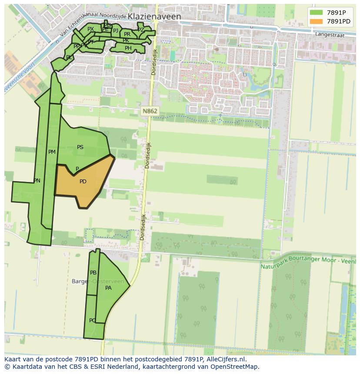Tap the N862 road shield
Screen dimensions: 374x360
click(x=150, y=111)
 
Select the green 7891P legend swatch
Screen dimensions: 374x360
click(x=316, y=13)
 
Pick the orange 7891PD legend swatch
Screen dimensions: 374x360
click(x=316, y=21)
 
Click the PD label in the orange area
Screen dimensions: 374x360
click(x=83, y=182)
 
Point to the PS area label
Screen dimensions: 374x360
click(x=80, y=147)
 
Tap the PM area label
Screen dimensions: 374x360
click(x=52, y=152)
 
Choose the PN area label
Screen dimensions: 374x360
click(x=37, y=181)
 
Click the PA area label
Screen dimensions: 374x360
click(x=109, y=288)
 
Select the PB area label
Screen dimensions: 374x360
click(x=93, y=273)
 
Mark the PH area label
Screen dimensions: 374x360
click(x=128, y=48)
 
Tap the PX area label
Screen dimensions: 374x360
click(x=90, y=29)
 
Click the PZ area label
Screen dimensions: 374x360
click(x=140, y=30)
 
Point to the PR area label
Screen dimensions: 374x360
click(x=127, y=34)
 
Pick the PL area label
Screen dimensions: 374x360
click(x=69, y=57)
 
